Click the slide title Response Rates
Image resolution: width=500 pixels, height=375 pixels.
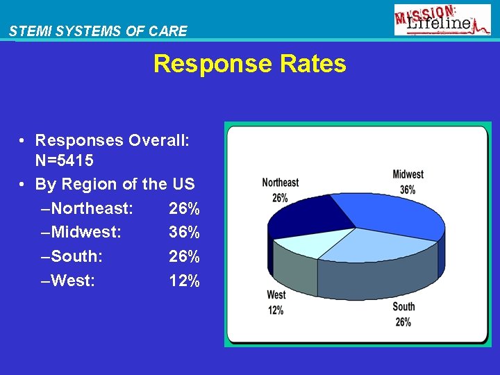249,64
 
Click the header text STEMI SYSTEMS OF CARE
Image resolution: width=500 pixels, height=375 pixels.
98,31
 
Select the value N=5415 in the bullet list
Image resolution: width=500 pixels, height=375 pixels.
65,160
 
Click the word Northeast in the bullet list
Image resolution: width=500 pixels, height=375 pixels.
92,208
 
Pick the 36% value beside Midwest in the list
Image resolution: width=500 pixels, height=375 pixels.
184,232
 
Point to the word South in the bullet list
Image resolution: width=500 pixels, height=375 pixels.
76,256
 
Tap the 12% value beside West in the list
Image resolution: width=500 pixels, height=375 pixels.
184,281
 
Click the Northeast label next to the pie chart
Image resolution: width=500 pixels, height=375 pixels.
280,183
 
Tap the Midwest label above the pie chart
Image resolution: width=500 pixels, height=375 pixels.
408,174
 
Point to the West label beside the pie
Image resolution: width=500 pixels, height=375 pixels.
276,296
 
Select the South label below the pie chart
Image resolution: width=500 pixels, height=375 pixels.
403,307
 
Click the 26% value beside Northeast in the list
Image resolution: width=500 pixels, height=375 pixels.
184,208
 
